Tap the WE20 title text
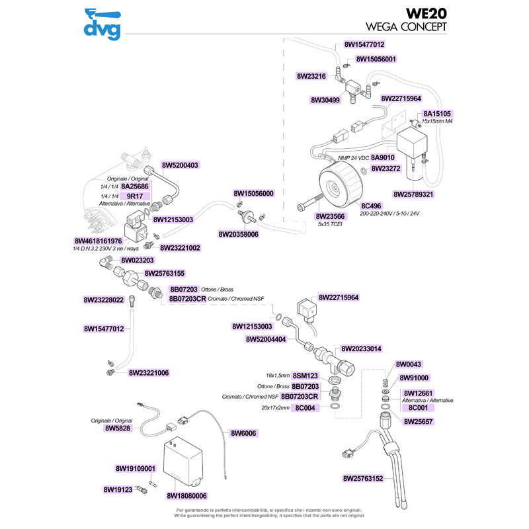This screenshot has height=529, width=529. [425, 14]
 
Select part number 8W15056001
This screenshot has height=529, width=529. [376, 59]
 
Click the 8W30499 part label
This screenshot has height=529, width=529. [325, 101]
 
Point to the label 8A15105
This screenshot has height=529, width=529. [437, 113]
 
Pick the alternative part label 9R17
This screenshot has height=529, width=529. [135, 196]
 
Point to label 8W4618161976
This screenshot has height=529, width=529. [98, 241]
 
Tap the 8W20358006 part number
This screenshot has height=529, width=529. [238, 234]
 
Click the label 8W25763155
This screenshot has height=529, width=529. [164, 272]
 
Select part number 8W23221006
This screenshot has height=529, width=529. [149, 373]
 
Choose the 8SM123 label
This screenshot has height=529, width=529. [305, 375]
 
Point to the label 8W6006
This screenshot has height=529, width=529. [243, 433]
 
